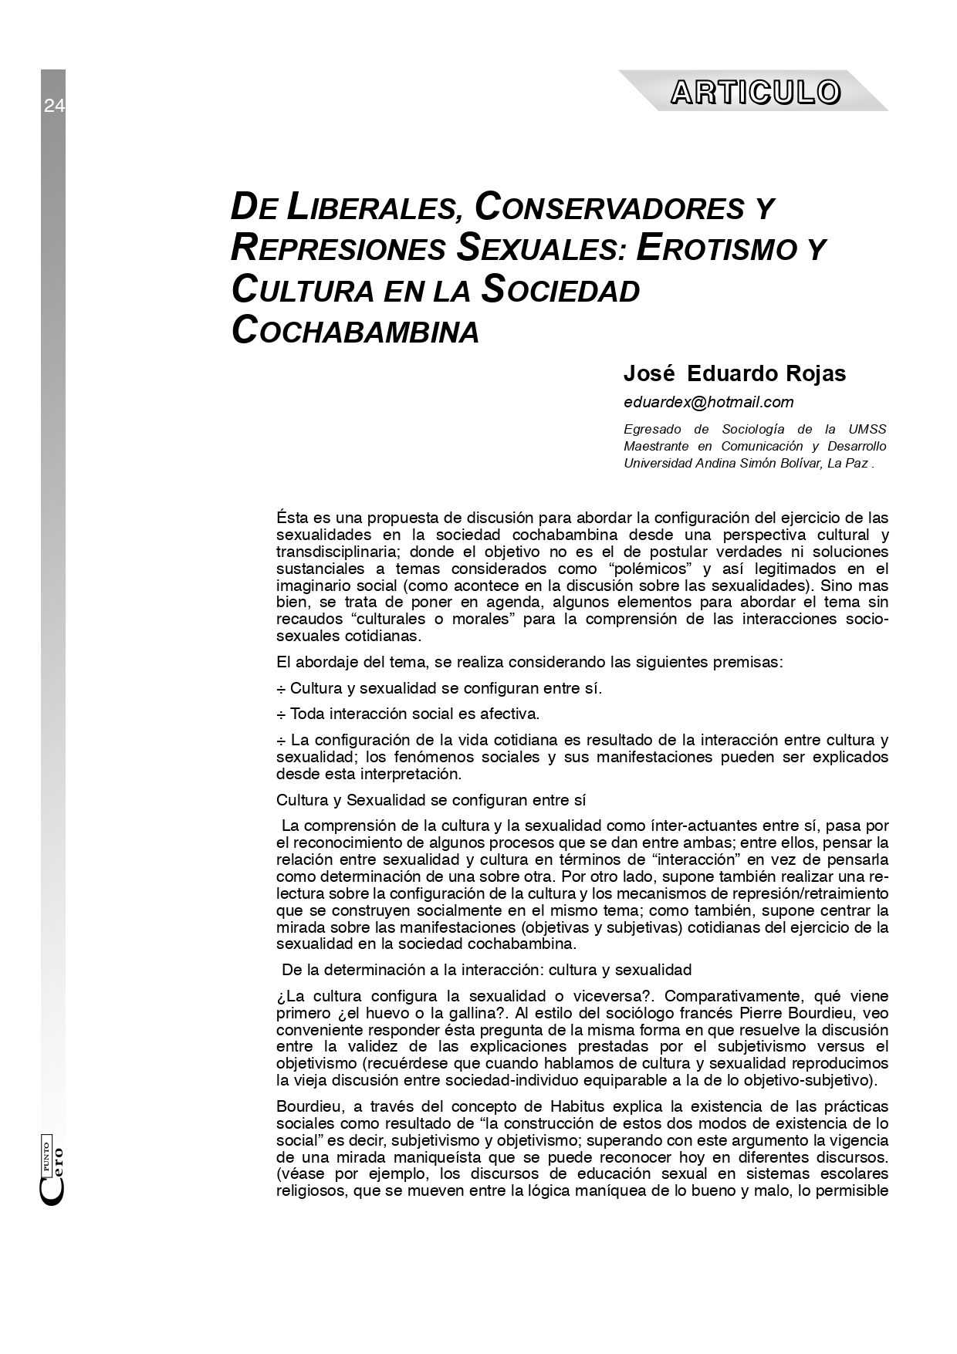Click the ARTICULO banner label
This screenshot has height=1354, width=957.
click(x=755, y=92)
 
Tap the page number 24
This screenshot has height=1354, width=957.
click(x=54, y=106)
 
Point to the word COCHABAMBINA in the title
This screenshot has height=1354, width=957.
click(x=355, y=330)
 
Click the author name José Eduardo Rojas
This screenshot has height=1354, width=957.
click(x=734, y=373)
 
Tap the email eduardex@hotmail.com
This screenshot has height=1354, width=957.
click(x=708, y=402)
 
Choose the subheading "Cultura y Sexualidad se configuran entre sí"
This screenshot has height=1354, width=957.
click(x=436, y=800)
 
